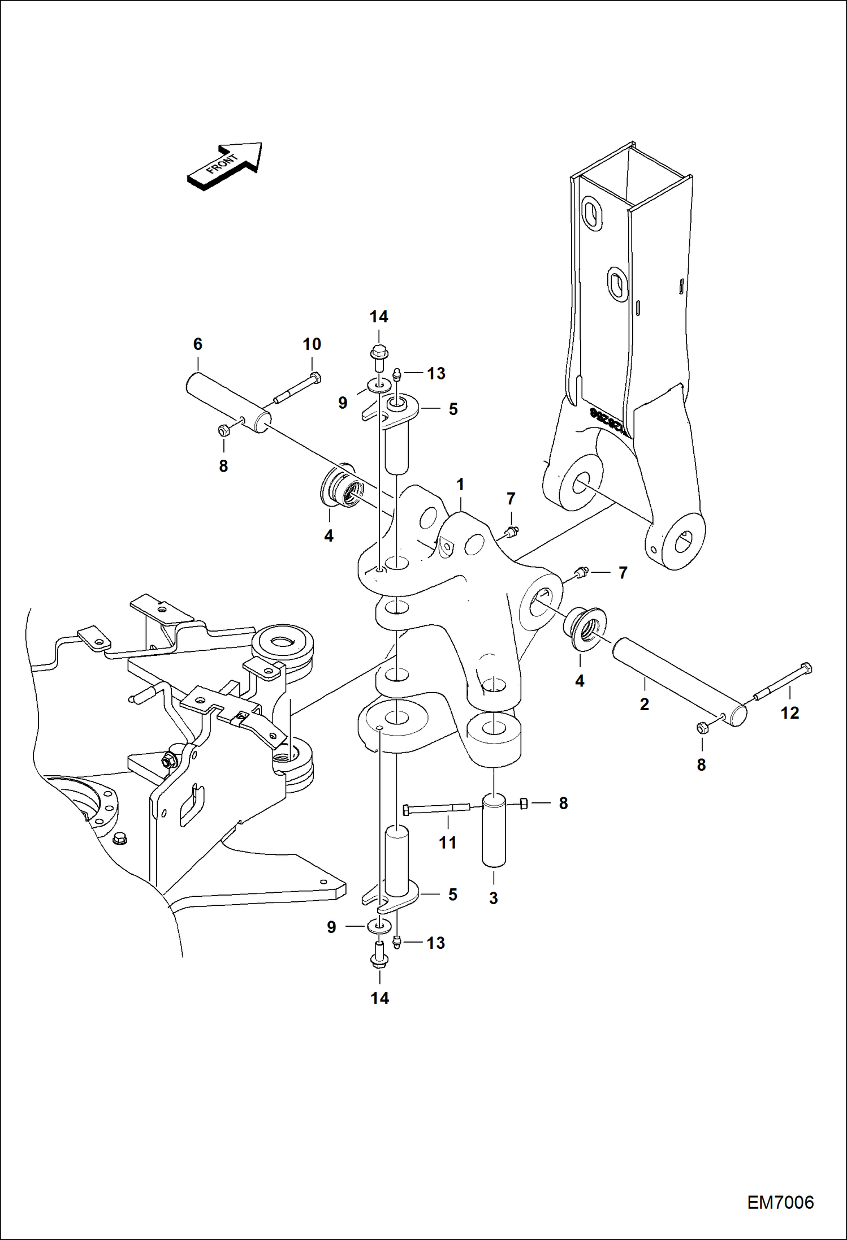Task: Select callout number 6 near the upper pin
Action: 198,344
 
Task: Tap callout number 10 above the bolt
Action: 312,344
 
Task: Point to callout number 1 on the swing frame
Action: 460,485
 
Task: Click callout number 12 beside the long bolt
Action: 790,713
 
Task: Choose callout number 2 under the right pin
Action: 644,704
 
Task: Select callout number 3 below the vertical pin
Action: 493,898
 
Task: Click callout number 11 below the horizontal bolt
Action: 447,843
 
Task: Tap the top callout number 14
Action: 379,317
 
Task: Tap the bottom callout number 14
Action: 380,999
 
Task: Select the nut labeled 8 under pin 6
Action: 223,431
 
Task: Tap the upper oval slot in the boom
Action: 593,213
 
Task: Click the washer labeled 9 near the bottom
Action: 379,926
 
